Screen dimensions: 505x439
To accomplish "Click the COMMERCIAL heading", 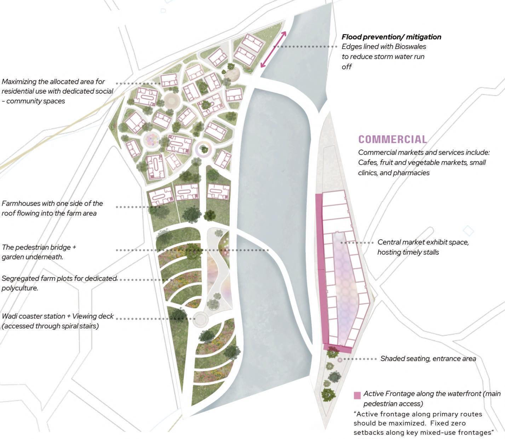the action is (392, 139).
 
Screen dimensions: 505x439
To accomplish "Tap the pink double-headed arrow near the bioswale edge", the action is (274, 49).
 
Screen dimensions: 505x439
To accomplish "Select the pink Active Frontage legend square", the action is (357, 395).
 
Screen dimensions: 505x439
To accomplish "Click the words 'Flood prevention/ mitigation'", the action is (391, 37).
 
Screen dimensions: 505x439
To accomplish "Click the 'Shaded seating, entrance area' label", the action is (428, 359).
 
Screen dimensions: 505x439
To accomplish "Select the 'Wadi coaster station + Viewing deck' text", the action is (58, 316).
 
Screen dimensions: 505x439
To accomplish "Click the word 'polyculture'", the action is (19, 288).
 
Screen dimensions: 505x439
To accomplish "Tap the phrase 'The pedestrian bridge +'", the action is (39, 247).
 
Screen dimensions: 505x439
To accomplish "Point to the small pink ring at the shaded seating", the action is (340, 360).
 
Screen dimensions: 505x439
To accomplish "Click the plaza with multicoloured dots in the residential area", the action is (152, 140).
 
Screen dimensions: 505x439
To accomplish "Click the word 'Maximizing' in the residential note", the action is (19, 82).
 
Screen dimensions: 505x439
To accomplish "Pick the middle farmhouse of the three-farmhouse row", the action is (187, 193).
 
